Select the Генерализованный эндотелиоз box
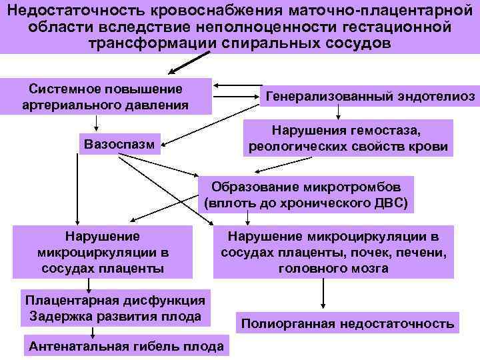point(370,97)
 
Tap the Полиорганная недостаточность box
point(347,325)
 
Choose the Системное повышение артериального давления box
point(107,97)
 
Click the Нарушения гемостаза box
point(348,138)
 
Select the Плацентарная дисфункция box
point(115,307)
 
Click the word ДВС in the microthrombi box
point(388,202)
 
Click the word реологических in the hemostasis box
point(299,147)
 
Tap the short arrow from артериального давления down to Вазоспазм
point(97,123)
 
